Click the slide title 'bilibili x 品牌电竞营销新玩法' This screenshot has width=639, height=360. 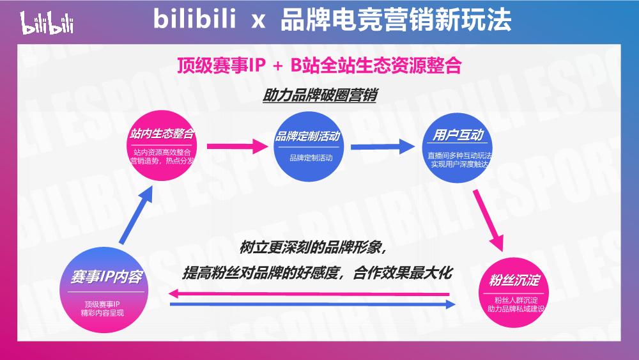(x=332, y=20)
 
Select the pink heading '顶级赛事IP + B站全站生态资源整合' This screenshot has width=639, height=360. (x=319, y=66)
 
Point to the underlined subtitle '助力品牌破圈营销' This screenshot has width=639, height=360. (x=319, y=95)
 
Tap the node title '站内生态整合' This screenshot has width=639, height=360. (x=162, y=136)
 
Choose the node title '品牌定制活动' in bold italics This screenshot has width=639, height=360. (x=307, y=137)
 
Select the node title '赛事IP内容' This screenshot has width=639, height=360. (x=107, y=277)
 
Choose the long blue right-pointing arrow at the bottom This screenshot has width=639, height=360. (x=313, y=305)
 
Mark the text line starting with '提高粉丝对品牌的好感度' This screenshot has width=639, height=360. (x=318, y=272)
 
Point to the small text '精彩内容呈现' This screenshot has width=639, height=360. (x=105, y=313)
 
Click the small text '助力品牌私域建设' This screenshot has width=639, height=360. (x=515, y=309)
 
